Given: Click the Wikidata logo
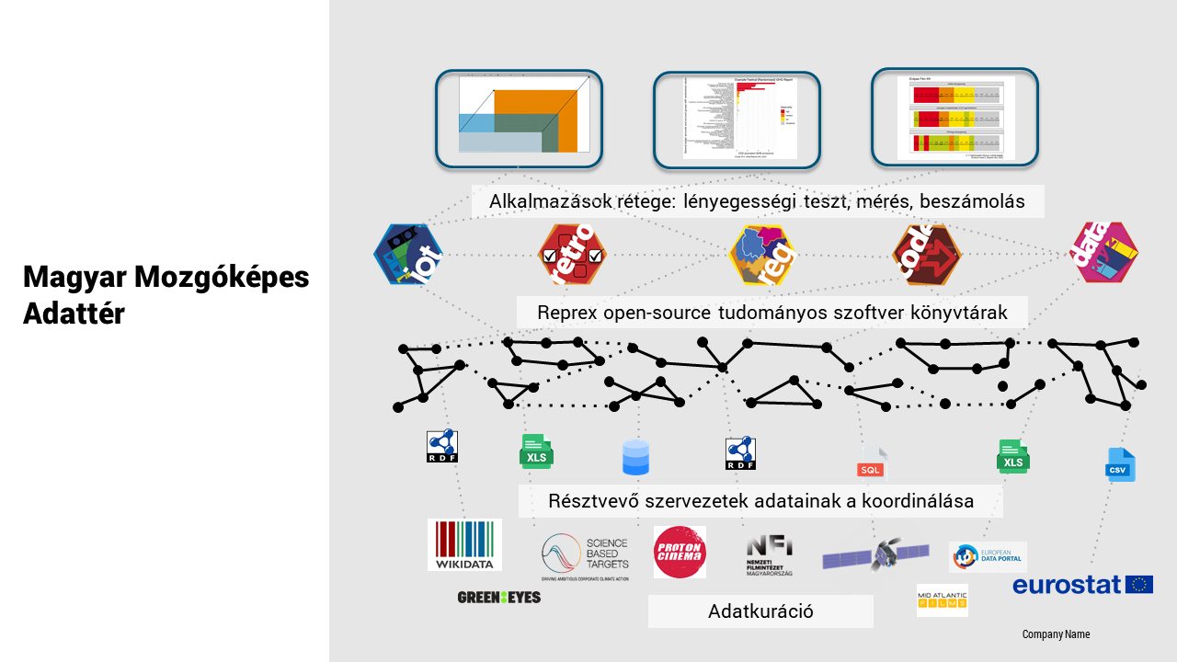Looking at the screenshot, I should pos(464,545).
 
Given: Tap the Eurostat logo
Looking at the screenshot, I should pos(1082,585).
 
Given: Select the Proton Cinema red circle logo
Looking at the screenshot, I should pos(680,552).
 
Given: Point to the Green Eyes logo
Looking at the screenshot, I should pos(498,598).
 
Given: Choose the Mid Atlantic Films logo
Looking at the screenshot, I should pos(942,600).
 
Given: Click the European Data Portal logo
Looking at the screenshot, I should pos(988,556).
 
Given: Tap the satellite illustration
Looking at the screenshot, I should pos(875,554).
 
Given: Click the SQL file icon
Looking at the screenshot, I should pos(872,463).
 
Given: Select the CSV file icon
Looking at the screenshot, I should pos(1120,464).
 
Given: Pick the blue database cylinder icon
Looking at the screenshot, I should pos(635,457).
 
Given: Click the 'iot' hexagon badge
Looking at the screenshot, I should pos(408,254).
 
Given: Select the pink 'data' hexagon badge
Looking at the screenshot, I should pos(1105,252).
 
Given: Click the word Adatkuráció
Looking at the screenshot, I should pos(760,611).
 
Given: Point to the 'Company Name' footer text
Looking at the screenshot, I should pos(1056,634).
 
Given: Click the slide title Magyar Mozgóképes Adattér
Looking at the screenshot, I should pos(166,294).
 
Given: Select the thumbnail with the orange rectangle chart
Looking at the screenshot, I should pos(519,120).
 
